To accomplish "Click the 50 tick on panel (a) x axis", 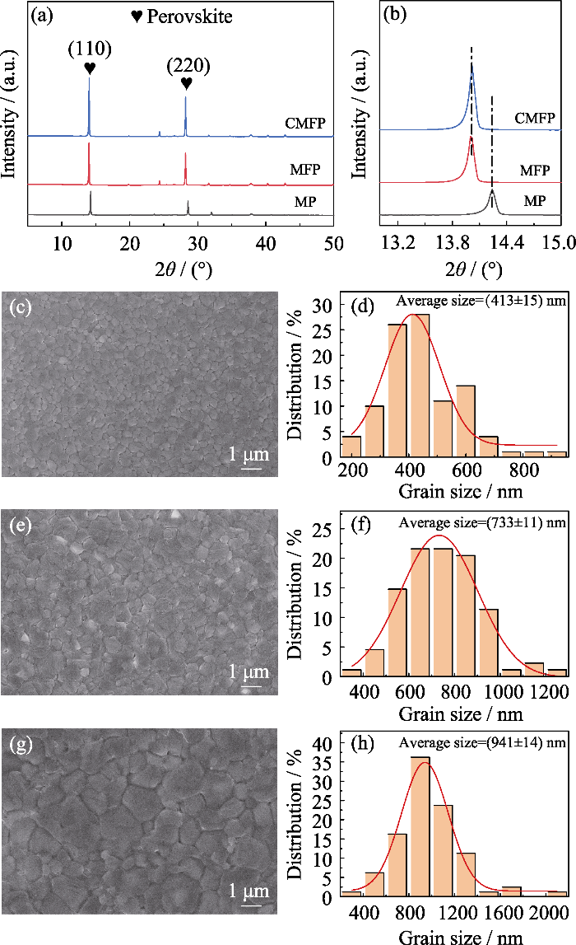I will coord(333,243).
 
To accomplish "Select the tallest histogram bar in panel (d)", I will coord(417,385).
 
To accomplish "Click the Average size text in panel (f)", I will coord(435,521).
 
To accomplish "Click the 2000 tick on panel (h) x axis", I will coord(549,914).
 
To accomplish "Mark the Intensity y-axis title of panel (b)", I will coord(360,124).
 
